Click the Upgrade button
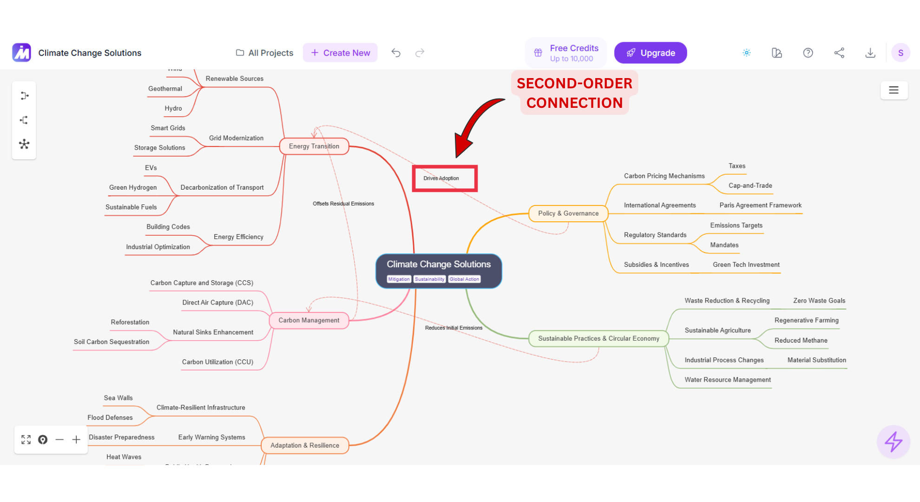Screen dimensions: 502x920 tap(650, 53)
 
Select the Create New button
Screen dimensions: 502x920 tap(340, 53)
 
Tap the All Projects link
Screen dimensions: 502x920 tap(265, 53)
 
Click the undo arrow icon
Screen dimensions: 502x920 tap(396, 53)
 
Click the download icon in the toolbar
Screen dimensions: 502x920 tap(870, 53)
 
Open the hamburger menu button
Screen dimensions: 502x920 tap(894, 90)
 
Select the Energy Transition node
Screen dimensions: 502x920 tap(314, 146)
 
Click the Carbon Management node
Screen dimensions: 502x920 tap(309, 320)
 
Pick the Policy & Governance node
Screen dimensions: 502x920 tap(568, 213)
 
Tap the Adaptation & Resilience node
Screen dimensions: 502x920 tap(305, 445)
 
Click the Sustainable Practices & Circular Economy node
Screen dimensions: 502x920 tap(598, 338)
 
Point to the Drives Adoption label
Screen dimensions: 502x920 tap(441, 178)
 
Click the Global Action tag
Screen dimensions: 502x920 tap(464, 279)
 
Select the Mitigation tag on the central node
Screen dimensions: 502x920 tap(399, 279)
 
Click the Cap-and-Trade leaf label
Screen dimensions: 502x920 tap(750, 185)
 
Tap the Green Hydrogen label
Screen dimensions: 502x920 tap(133, 187)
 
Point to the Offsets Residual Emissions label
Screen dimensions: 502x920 tap(343, 204)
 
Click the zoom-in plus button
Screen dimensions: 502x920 tap(76, 440)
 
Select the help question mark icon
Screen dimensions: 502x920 tap(808, 53)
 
